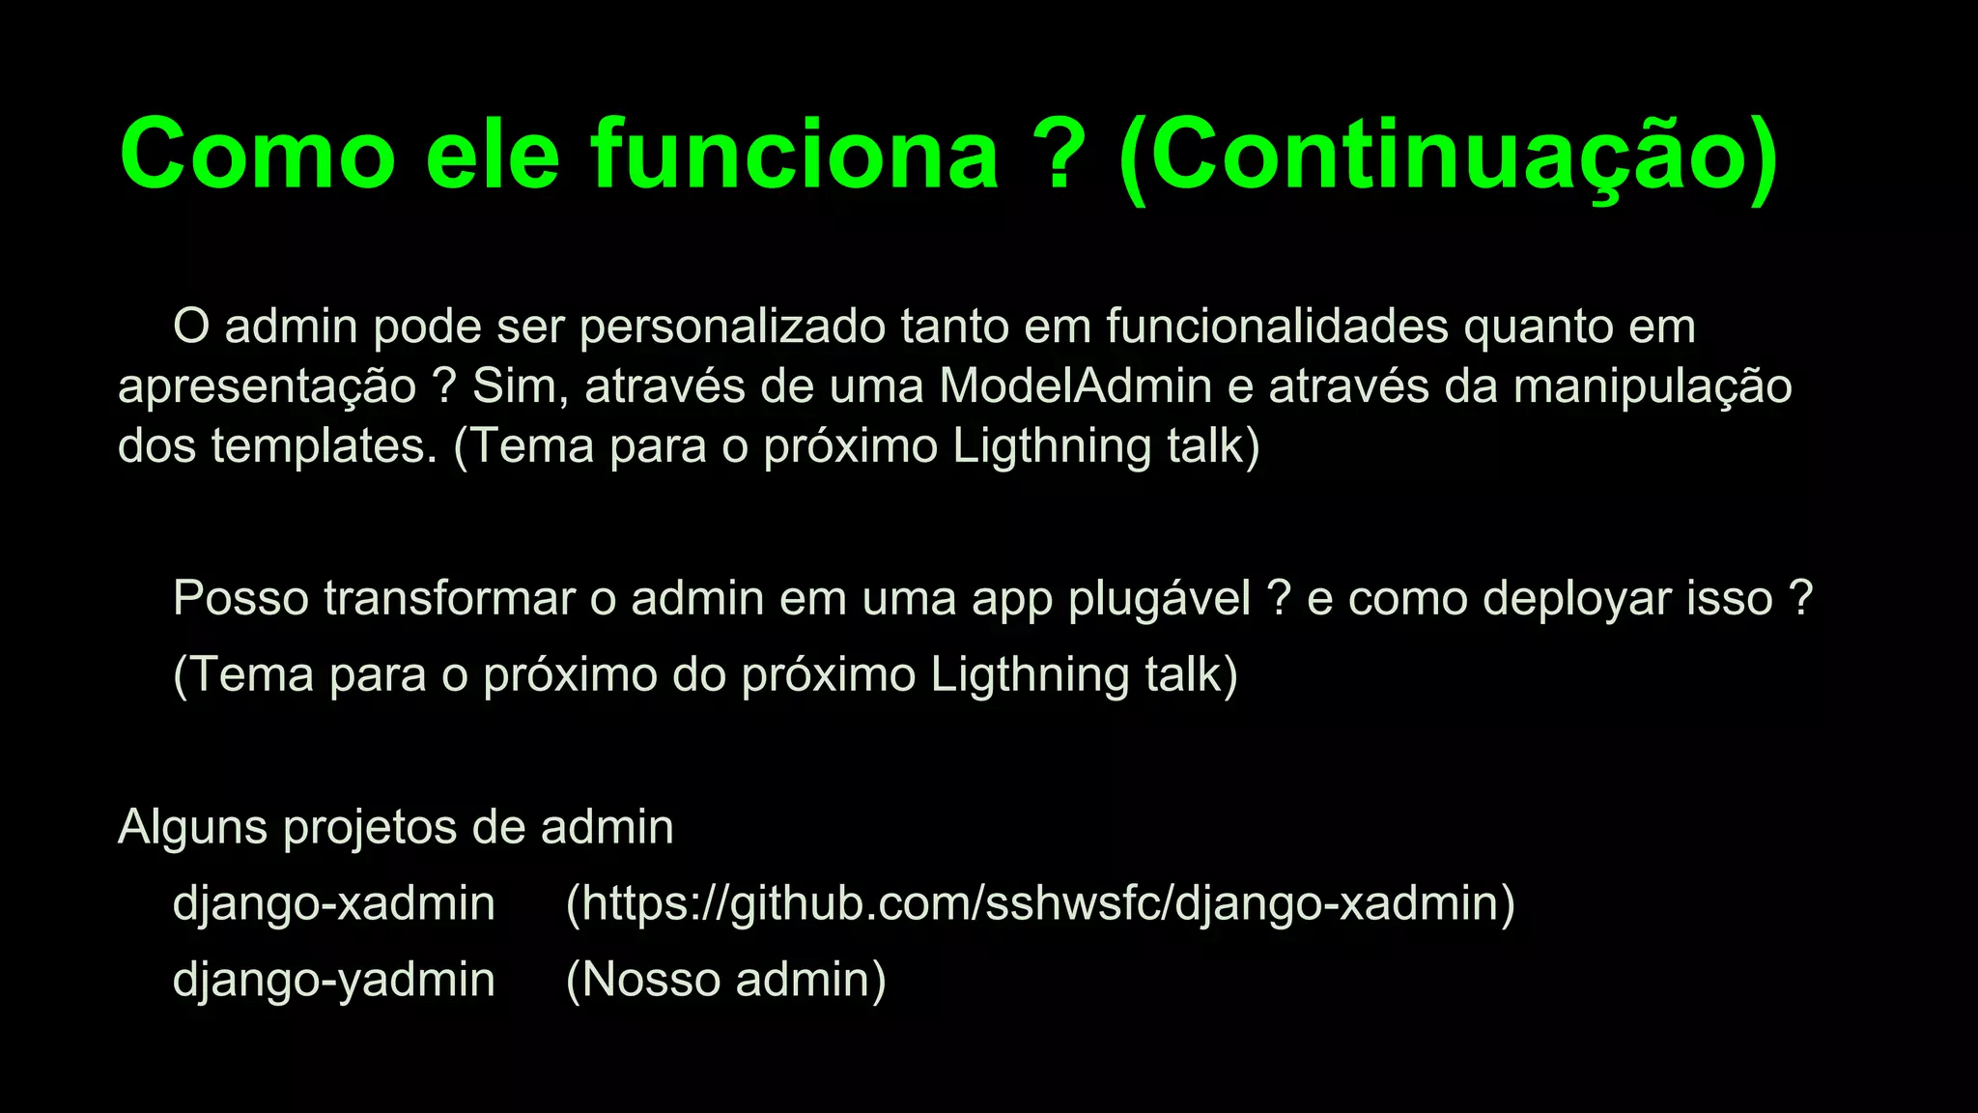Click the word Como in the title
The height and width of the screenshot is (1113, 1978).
pyautogui.click(x=258, y=155)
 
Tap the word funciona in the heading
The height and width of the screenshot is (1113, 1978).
pyautogui.click(x=795, y=155)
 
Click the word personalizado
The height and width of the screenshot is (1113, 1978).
pyautogui.click(x=732, y=328)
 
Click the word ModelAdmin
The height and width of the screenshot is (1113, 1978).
pyautogui.click(x=1075, y=385)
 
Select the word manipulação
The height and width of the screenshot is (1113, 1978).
pyautogui.click(x=1653, y=387)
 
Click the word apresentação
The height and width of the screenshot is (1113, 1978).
pyautogui.click(x=268, y=387)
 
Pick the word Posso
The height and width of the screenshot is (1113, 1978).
pyautogui.click(x=241, y=598)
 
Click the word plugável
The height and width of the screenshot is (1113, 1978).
pyautogui.click(x=1159, y=600)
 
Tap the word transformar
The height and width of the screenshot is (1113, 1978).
pyautogui.click(x=449, y=598)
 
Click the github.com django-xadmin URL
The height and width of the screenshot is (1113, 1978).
pyautogui.click(x=1040, y=904)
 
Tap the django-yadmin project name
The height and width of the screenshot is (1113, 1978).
pyautogui.click(x=333, y=980)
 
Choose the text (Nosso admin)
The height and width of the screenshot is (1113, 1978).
pyautogui.click(x=725, y=980)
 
